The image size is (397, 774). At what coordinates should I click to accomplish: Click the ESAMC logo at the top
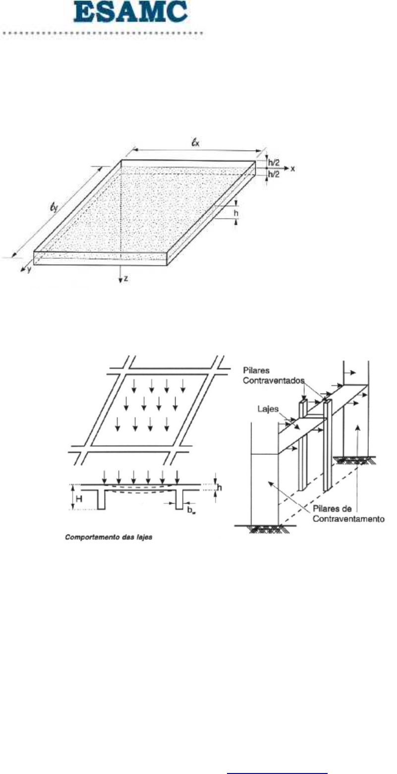click(131, 13)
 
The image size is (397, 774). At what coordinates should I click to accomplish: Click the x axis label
click(293, 169)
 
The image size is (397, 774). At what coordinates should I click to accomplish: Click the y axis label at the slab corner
click(29, 271)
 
